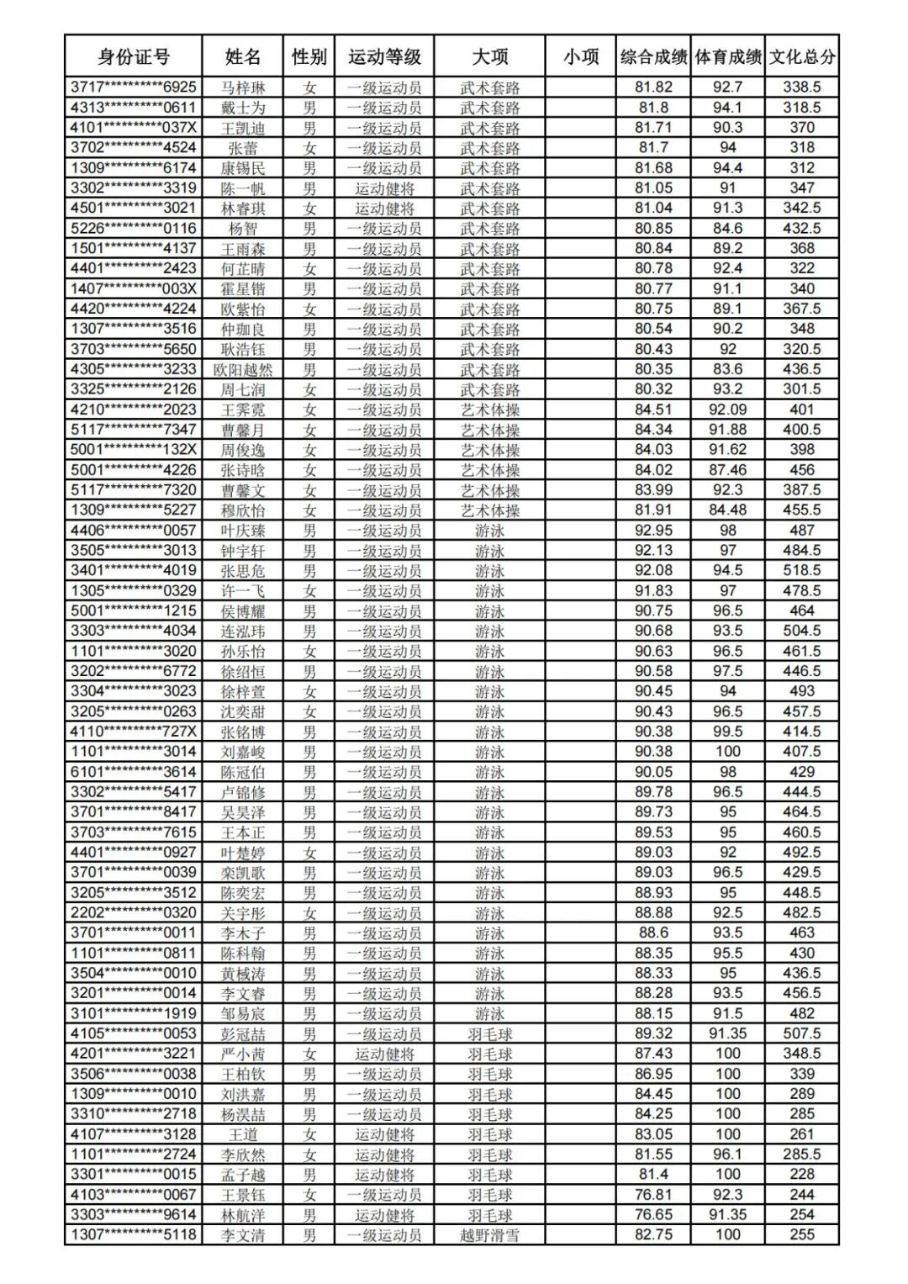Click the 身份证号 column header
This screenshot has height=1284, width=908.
coord(133,57)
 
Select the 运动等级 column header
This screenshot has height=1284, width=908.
coord(384,57)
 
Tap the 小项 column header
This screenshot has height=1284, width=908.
coord(581,57)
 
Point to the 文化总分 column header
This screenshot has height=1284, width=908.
coord(802,57)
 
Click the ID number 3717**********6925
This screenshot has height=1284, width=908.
coord(133,87)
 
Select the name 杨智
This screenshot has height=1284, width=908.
coord(243,229)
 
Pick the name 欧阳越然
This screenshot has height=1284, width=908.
coord(243,369)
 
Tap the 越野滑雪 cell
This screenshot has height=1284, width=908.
coord(489,1235)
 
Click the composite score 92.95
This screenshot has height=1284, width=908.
coord(653,531)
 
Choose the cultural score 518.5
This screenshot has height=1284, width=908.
coord(802,571)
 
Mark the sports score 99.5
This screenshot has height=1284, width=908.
coord(728,732)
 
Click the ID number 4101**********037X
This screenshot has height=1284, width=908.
coord(133,128)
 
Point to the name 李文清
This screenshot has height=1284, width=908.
coord(243,1235)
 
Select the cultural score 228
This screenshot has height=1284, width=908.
coord(802,1175)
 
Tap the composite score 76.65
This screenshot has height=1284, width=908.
coord(653,1215)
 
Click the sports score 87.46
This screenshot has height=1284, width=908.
coord(728,470)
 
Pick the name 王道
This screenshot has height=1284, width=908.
coord(243,1134)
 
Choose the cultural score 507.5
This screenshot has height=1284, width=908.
coord(802,1033)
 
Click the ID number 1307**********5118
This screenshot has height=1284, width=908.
coord(133,1235)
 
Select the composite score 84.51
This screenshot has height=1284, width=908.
coord(653,410)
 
